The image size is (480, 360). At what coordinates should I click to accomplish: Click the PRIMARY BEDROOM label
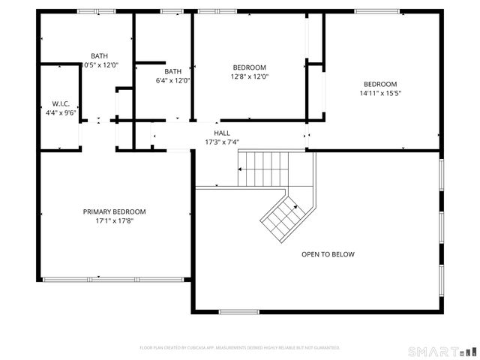[x=114, y=211]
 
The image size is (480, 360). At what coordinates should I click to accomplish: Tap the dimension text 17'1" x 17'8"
[x=114, y=221]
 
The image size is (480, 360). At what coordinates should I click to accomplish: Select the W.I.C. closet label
[x=61, y=103]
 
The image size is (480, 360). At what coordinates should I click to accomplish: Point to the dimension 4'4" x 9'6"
[x=61, y=112]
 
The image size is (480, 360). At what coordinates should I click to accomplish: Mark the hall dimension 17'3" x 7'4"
[x=222, y=142]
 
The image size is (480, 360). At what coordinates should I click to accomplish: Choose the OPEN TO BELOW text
[x=328, y=254]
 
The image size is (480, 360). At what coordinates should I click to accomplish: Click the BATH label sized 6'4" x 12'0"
[x=172, y=71]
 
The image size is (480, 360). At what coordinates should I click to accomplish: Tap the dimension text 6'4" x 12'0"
[x=172, y=81]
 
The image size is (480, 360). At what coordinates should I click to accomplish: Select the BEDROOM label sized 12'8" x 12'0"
[x=250, y=67]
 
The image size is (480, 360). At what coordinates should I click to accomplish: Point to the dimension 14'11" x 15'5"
[x=380, y=94]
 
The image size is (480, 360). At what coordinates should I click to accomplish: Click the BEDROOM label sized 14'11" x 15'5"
[x=380, y=84]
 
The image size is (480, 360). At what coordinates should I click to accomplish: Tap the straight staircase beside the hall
[x=262, y=168]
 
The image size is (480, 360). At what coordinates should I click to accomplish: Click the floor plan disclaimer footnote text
[x=240, y=348]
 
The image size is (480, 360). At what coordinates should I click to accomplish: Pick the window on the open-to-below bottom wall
[x=238, y=312]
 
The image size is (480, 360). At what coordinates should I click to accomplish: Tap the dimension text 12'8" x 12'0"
[x=250, y=76]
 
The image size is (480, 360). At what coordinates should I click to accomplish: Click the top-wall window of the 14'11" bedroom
[x=376, y=11]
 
